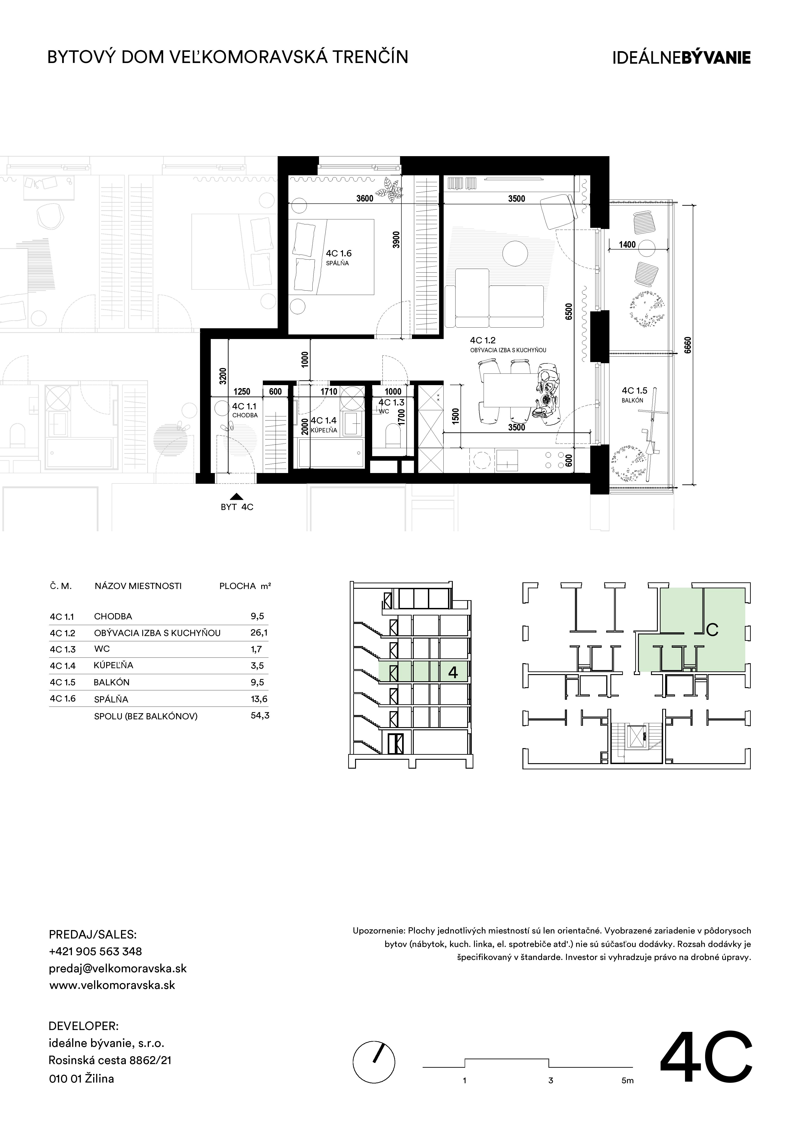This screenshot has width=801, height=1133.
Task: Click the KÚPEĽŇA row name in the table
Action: [x=113, y=665]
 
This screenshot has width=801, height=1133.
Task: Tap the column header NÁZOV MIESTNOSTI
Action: [x=138, y=586]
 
